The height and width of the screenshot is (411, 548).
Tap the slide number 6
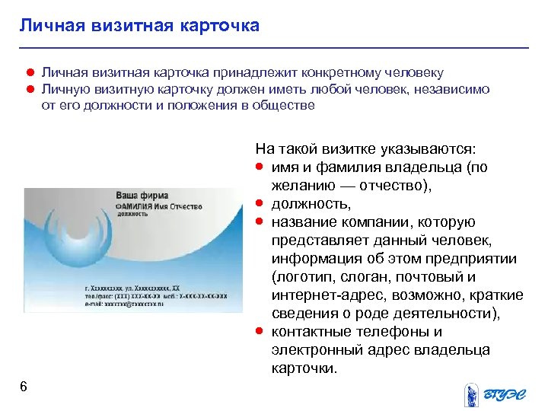[x=24, y=387]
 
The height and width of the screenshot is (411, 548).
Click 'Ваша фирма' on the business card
[x=142, y=196]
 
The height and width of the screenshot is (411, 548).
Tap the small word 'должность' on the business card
[x=132, y=215]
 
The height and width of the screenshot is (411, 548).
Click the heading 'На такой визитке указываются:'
[x=365, y=148]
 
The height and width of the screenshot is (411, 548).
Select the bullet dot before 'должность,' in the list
[x=260, y=203]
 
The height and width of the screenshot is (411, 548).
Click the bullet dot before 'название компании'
[x=260, y=221]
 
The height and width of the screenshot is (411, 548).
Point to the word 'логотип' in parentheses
[x=301, y=276]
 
